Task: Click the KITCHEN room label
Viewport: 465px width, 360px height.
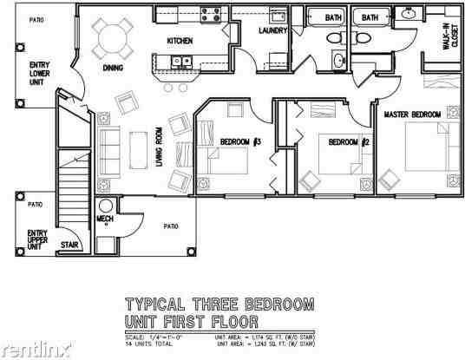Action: (x=179, y=41)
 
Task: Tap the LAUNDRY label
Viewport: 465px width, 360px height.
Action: (x=272, y=32)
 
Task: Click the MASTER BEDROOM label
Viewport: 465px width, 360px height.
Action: (x=412, y=115)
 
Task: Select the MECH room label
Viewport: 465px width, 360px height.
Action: (x=105, y=218)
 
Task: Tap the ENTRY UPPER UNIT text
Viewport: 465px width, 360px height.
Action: (x=36, y=239)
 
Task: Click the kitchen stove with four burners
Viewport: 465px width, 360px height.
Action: (x=212, y=14)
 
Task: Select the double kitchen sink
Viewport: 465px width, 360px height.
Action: (x=180, y=62)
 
